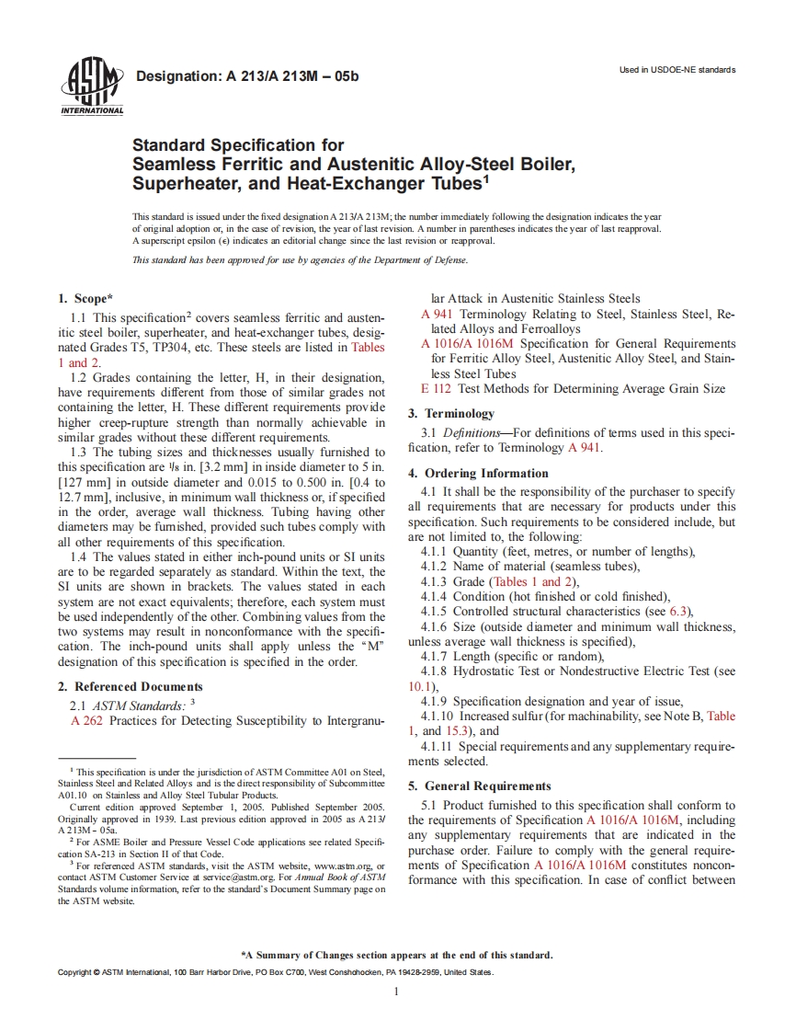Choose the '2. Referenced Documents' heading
pos(130,686)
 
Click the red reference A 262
pos(86,720)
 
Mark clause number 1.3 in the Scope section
pos(79,452)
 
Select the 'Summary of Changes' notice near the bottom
pos(396,954)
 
